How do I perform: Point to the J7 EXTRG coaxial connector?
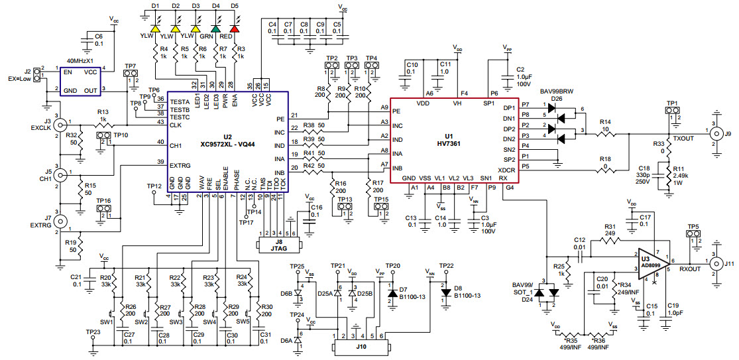point(60,221)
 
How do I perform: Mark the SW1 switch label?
point(107,322)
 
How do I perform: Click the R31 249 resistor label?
point(611,229)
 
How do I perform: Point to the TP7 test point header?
point(130,80)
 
